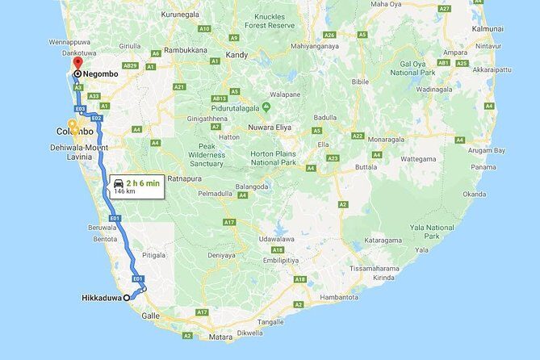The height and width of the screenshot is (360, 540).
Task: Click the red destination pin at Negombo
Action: click(77, 64)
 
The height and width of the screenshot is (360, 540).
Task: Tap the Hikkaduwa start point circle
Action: click(127, 298)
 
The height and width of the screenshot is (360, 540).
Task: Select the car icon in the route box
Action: click(119, 183)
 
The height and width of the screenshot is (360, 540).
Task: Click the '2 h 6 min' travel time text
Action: click(143, 183)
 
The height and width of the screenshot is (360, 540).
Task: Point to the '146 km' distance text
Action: click(125, 192)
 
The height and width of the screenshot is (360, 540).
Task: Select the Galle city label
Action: click(151, 316)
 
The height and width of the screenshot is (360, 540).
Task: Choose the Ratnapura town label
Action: click(184, 178)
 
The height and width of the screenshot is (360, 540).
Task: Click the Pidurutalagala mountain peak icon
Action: click(277, 107)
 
